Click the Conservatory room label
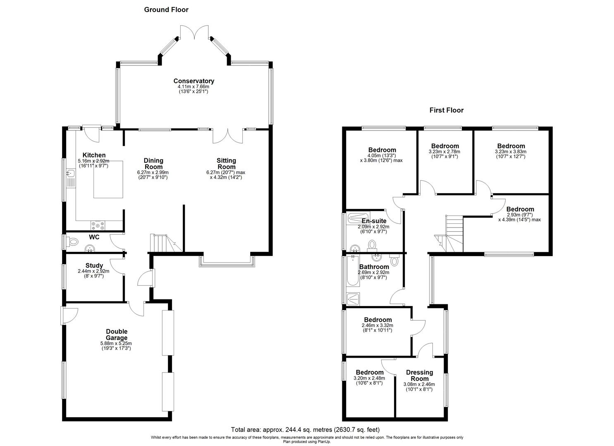pyautogui.click(x=194, y=81)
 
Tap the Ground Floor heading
pyautogui.click(x=166, y=9)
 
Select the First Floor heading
pyautogui.click(x=446, y=110)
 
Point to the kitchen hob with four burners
pyautogui.click(x=98, y=225)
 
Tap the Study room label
pyautogui.click(x=94, y=266)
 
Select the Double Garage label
pyautogui.click(x=116, y=334)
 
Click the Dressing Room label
pyautogui.click(x=419, y=375)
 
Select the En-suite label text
pyautogui.click(x=374, y=221)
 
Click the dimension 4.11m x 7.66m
pyautogui.click(x=194, y=87)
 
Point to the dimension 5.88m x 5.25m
pyautogui.click(x=116, y=343)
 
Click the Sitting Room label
pyautogui.click(x=226, y=164)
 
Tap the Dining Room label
pyautogui.click(x=153, y=164)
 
